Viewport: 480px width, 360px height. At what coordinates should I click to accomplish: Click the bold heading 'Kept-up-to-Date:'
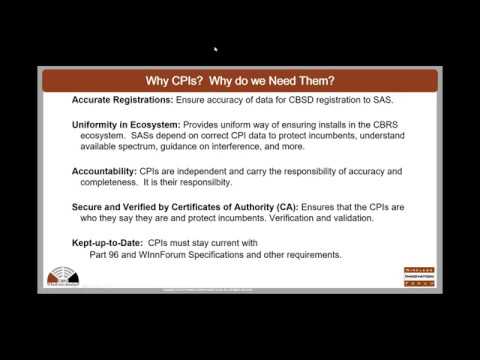coord(108,242)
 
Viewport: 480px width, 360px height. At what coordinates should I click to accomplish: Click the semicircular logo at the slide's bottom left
coord(62,278)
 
